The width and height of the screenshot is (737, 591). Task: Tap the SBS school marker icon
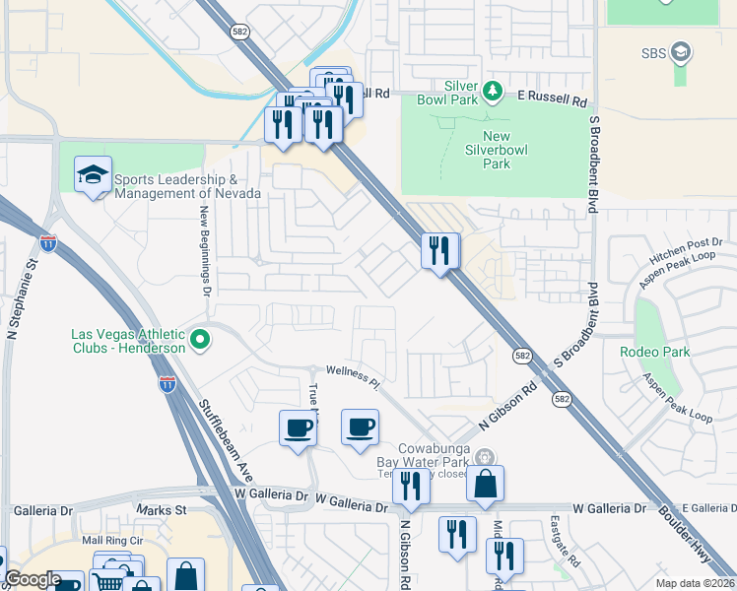[681, 52]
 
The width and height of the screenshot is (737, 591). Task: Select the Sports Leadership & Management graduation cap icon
[93, 176]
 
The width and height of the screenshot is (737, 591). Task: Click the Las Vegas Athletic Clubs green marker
[200, 341]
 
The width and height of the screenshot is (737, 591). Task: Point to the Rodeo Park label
[654, 352]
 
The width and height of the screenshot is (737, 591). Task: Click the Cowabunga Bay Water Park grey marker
[484, 457]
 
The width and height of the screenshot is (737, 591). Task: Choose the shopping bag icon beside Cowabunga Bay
[485, 484]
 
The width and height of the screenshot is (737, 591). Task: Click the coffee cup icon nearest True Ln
[298, 427]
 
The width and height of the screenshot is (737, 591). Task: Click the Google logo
[33, 579]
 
